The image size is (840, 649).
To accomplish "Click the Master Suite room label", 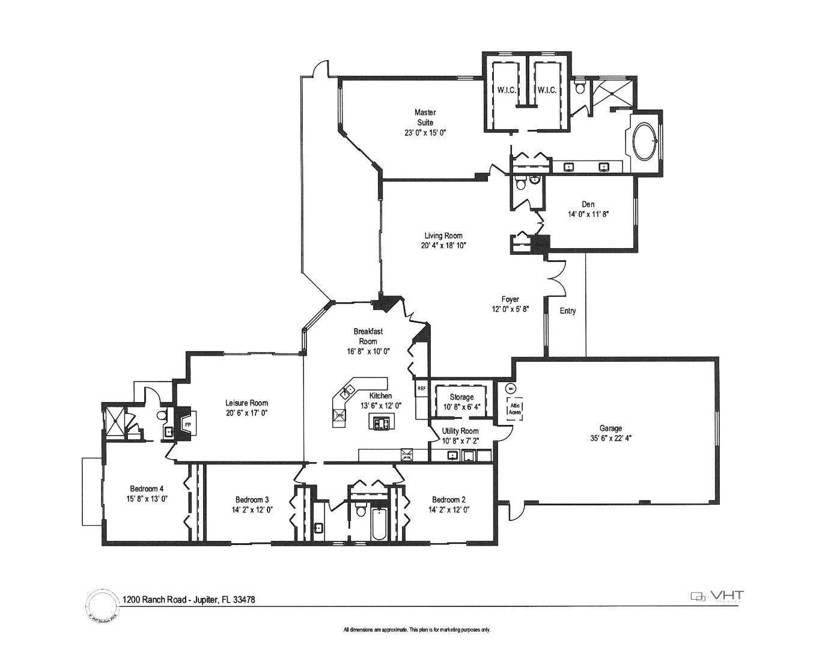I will click(x=425, y=117).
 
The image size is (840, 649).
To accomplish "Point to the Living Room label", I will click(x=443, y=236).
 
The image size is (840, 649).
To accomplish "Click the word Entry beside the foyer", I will click(x=568, y=311).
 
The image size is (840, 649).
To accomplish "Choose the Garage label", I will click(x=610, y=428).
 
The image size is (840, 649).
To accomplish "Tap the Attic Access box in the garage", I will click(x=515, y=409).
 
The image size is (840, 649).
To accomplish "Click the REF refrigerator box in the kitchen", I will click(x=421, y=388).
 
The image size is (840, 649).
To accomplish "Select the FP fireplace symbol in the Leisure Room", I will click(x=187, y=425).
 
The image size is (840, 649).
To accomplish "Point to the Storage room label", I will click(x=461, y=397).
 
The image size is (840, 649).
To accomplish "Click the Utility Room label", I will click(x=460, y=431).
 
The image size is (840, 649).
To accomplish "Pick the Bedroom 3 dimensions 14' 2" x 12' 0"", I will click(x=252, y=510).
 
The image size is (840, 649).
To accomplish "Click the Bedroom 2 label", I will click(x=449, y=499).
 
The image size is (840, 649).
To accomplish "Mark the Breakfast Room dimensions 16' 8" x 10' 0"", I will click(x=368, y=352).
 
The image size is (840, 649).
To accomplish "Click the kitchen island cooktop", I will click(x=381, y=424).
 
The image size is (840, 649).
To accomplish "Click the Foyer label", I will click(x=510, y=299).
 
